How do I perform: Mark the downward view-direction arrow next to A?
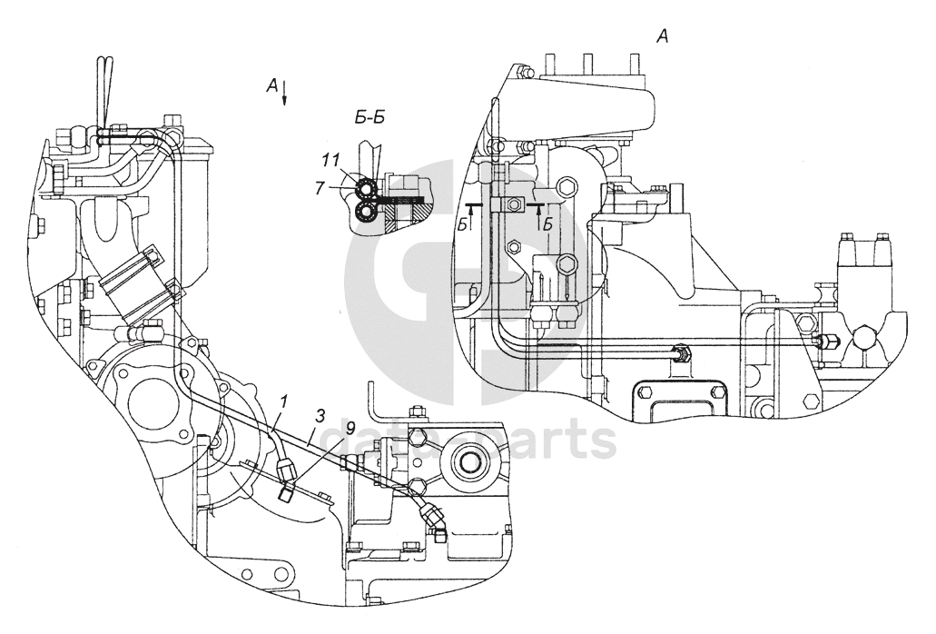pos(286,93)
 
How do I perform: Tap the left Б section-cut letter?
pos(463,225)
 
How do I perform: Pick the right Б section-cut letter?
pos(547,224)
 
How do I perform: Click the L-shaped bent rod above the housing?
pos(374,400)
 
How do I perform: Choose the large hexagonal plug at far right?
pos(862,341)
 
